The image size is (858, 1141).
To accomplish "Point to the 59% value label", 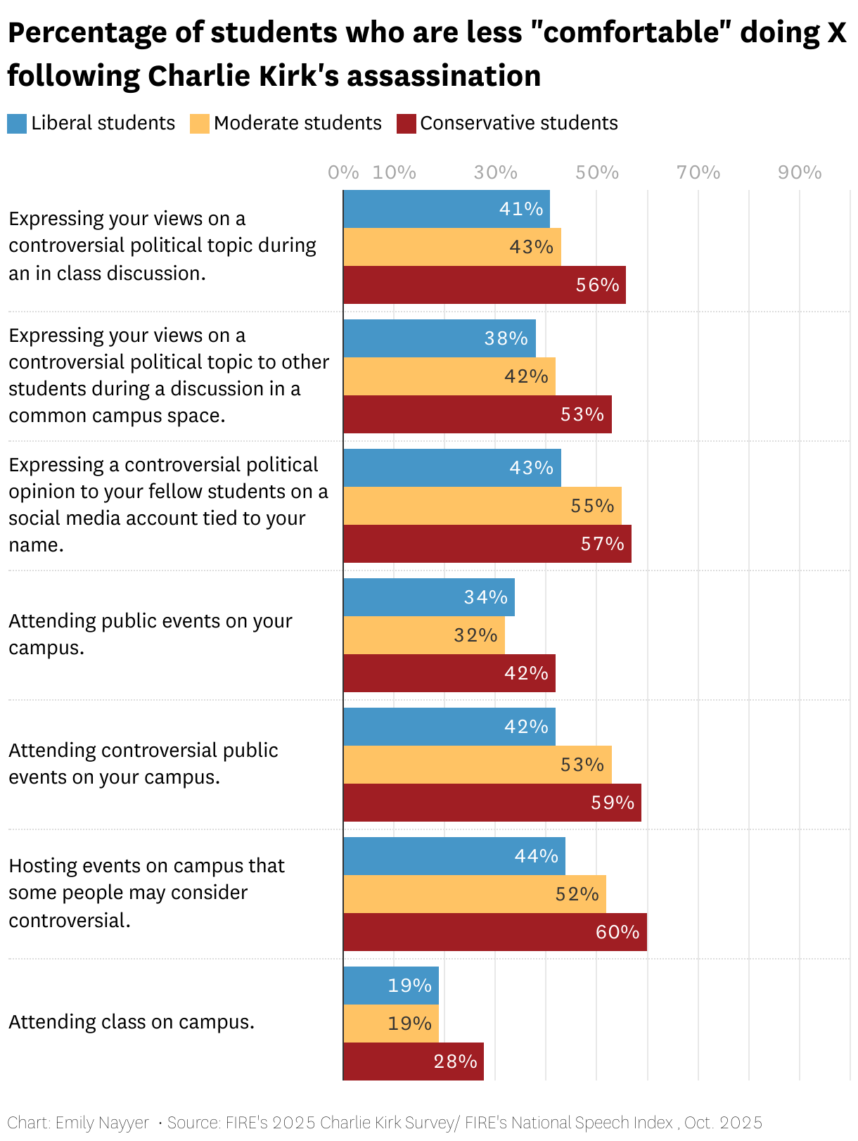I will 612,803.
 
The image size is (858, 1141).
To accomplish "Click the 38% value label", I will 506,338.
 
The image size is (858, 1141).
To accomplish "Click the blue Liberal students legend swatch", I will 17,124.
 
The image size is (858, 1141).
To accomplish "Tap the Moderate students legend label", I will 297,123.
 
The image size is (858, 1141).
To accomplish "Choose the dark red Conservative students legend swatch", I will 406,124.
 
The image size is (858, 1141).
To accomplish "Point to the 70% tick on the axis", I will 698,173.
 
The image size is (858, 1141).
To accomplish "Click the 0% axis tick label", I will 342,173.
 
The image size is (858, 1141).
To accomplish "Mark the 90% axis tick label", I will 799,173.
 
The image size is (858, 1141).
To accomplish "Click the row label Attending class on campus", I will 132,1022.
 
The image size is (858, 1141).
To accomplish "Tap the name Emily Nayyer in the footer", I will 102,1123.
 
